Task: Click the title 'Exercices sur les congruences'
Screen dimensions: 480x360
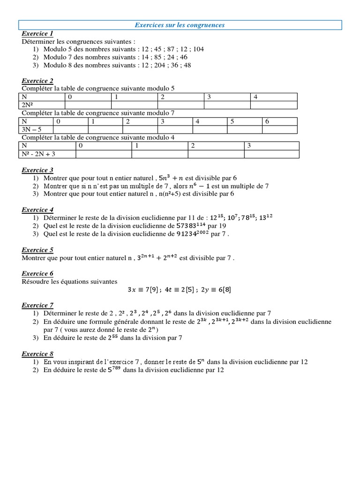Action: tap(180, 25)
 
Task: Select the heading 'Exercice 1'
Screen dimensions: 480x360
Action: tap(37, 34)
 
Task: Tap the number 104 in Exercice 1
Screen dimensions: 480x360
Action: tap(198, 49)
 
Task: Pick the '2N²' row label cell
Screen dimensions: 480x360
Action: tap(42, 105)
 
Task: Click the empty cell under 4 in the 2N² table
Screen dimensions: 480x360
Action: tap(274, 105)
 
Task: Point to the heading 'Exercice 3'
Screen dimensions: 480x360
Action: tap(37, 170)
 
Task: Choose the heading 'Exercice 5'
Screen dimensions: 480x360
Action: tap(37, 250)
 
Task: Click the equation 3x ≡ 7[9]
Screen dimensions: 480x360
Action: tap(143, 290)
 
